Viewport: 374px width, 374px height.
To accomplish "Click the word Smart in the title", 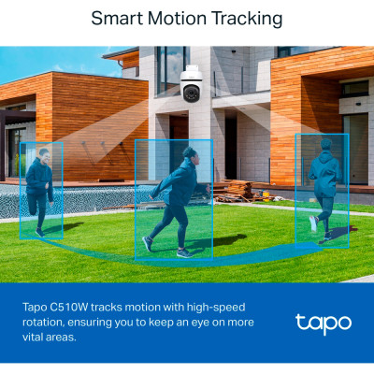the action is click(117, 18).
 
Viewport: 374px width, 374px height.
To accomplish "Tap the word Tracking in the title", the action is click(247, 19).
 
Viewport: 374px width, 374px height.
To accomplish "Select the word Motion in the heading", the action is click(177, 18).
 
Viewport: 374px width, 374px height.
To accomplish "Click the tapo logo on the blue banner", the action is click(324, 324).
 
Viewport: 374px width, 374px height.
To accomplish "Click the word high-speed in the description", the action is click(216, 308).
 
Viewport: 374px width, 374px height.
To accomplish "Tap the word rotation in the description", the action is click(43, 323).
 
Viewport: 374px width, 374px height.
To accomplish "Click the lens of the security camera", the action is click(191, 93).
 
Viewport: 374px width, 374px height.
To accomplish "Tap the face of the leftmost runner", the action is click(46, 157).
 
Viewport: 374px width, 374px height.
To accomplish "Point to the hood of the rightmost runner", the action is click(325, 155).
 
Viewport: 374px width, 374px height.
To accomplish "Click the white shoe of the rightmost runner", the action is click(313, 223).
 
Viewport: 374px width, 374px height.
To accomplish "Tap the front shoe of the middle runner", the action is click(184, 253).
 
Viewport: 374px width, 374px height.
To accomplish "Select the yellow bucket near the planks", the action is click(266, 194).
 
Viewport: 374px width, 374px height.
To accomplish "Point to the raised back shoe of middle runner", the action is click(148, 243).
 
